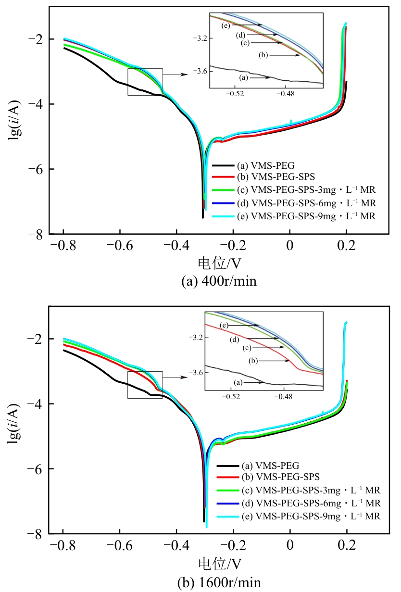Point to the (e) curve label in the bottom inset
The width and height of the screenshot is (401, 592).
(x=224, y=326)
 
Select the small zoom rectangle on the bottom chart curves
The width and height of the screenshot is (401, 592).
(x=145, y=385)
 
